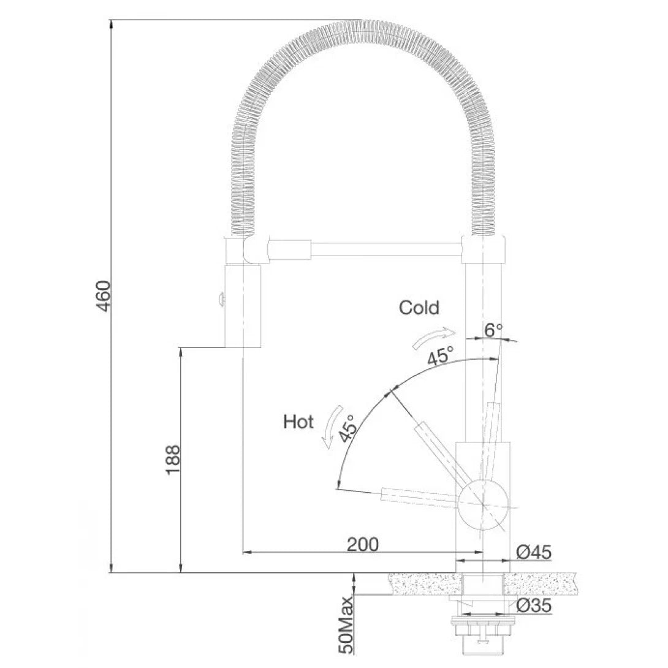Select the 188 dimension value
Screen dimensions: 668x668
pyautogui.click(x=173, y=460)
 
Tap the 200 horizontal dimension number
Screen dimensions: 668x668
pyautogui.click(x=363, y=544)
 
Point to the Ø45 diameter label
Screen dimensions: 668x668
pyautogui.click(x=534, y=553)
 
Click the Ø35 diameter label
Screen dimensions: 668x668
pyautogui.click(x=534, y=605)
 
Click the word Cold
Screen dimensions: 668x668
pyautogui.click(x=419, y=307)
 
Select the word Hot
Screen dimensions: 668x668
pyautogui.click(x=298, y=422)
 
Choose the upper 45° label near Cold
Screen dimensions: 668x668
pyautogui.click(x=441, y=356)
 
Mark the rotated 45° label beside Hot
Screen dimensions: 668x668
pyautogui.click(x=348, y=428)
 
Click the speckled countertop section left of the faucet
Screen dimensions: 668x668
pyautogui.click(x=426, y=583)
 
